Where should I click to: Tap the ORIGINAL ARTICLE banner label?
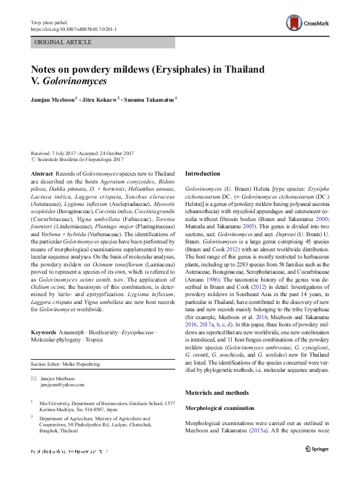click(64, 42)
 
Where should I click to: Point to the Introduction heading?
click(203, 173)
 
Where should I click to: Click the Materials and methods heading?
click(217, 392)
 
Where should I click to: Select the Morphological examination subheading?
click(221, 408)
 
